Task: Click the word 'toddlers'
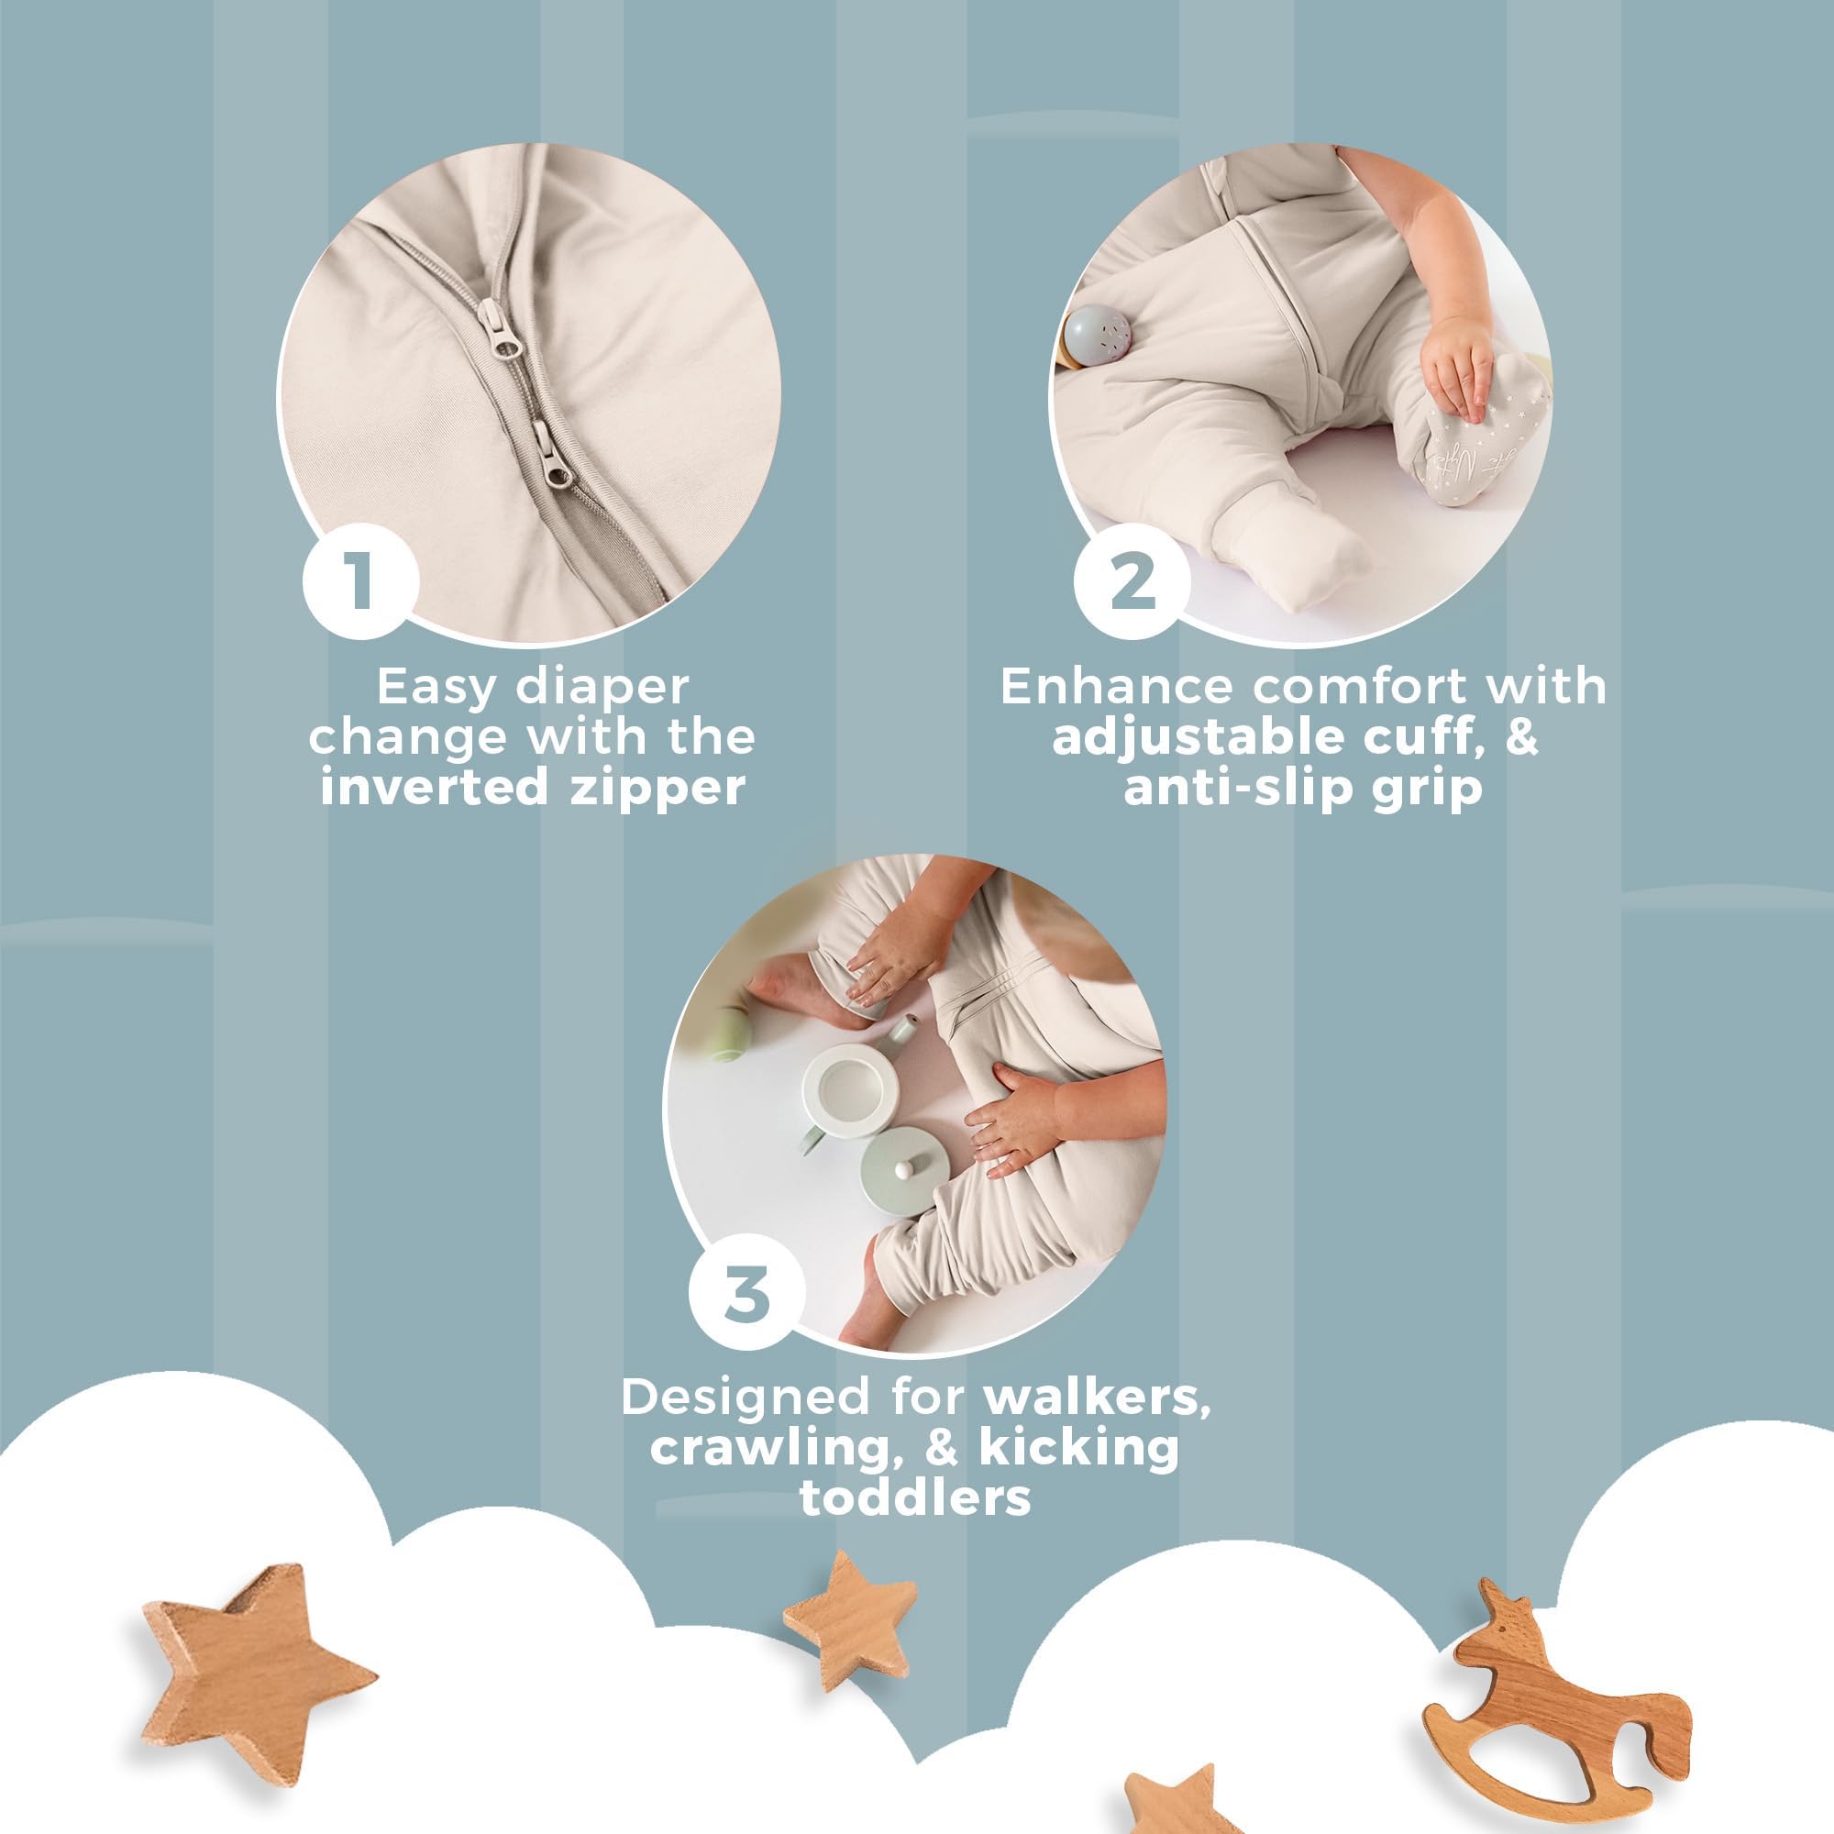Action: tap(915, 1497)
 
